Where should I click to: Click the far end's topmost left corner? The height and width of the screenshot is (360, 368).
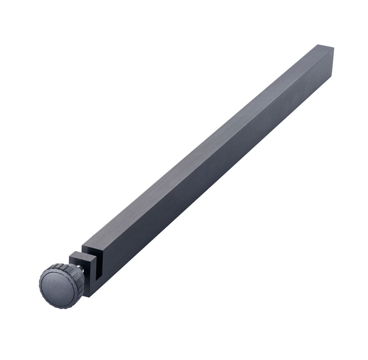(318, 45)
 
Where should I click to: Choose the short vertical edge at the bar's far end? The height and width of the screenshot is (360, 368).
(332, 62)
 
